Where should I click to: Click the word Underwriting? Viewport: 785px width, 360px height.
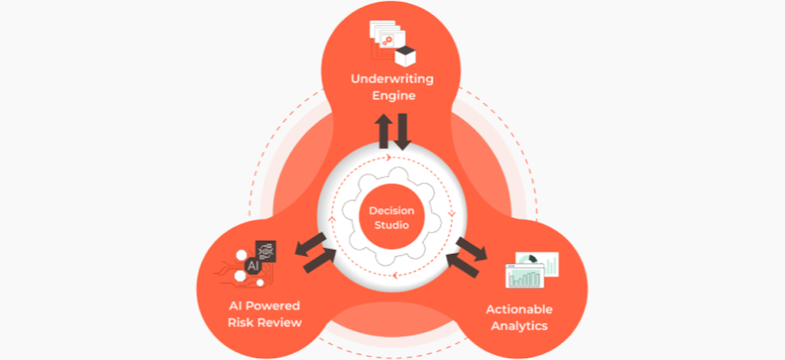[392, 79]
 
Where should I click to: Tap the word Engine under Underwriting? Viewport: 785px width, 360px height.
[392, 96]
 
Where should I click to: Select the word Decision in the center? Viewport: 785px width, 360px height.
[392, 211]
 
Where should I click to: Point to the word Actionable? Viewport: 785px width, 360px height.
[519, 309]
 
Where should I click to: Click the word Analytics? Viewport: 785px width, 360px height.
[519, 325]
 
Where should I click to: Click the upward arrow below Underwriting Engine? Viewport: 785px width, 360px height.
[384, 130]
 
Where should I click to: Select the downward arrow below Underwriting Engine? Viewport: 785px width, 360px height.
[401, 130]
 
